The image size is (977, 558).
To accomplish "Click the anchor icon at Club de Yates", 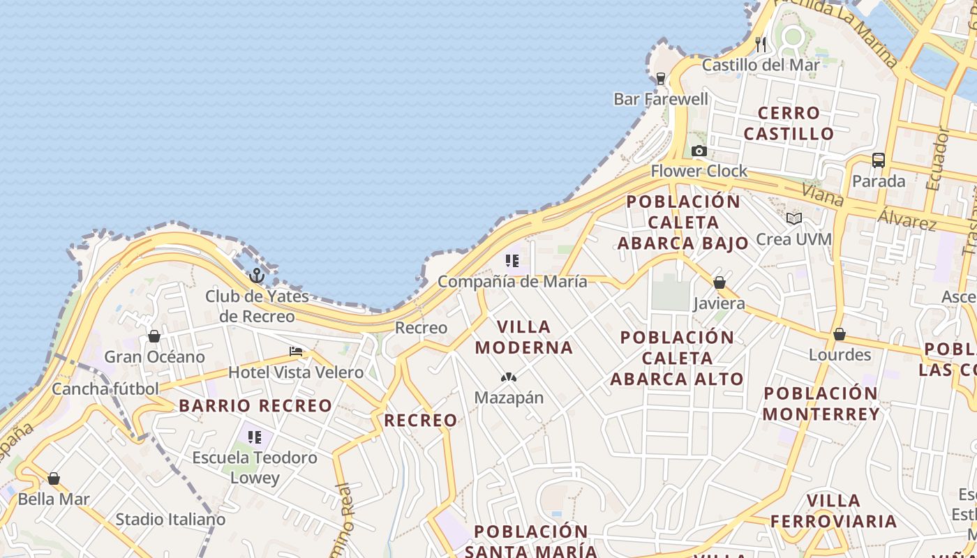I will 257,276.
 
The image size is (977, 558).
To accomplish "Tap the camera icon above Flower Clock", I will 699,151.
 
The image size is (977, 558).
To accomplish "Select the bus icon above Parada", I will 878,160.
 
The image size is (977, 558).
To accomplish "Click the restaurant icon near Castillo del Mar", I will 761,45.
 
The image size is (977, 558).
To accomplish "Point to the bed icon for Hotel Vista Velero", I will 296,352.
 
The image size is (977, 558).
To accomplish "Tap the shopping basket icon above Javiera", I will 719,282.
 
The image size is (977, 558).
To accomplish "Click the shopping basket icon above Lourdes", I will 839,334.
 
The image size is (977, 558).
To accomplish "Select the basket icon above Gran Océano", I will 154,336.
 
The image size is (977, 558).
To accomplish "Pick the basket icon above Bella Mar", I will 54,478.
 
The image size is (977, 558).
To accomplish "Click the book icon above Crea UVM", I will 793,218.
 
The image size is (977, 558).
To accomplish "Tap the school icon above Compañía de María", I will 512,261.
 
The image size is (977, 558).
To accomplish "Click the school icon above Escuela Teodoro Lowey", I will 255,437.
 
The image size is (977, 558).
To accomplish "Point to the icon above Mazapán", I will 508,377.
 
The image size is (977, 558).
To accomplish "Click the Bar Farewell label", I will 661,99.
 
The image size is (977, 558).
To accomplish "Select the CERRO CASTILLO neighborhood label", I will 789,123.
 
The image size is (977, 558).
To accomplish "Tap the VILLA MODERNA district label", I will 523,337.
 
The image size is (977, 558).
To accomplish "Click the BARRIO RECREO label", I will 255,405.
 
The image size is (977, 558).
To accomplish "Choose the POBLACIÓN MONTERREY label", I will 821,403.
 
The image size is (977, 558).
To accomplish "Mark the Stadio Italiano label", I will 170,519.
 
